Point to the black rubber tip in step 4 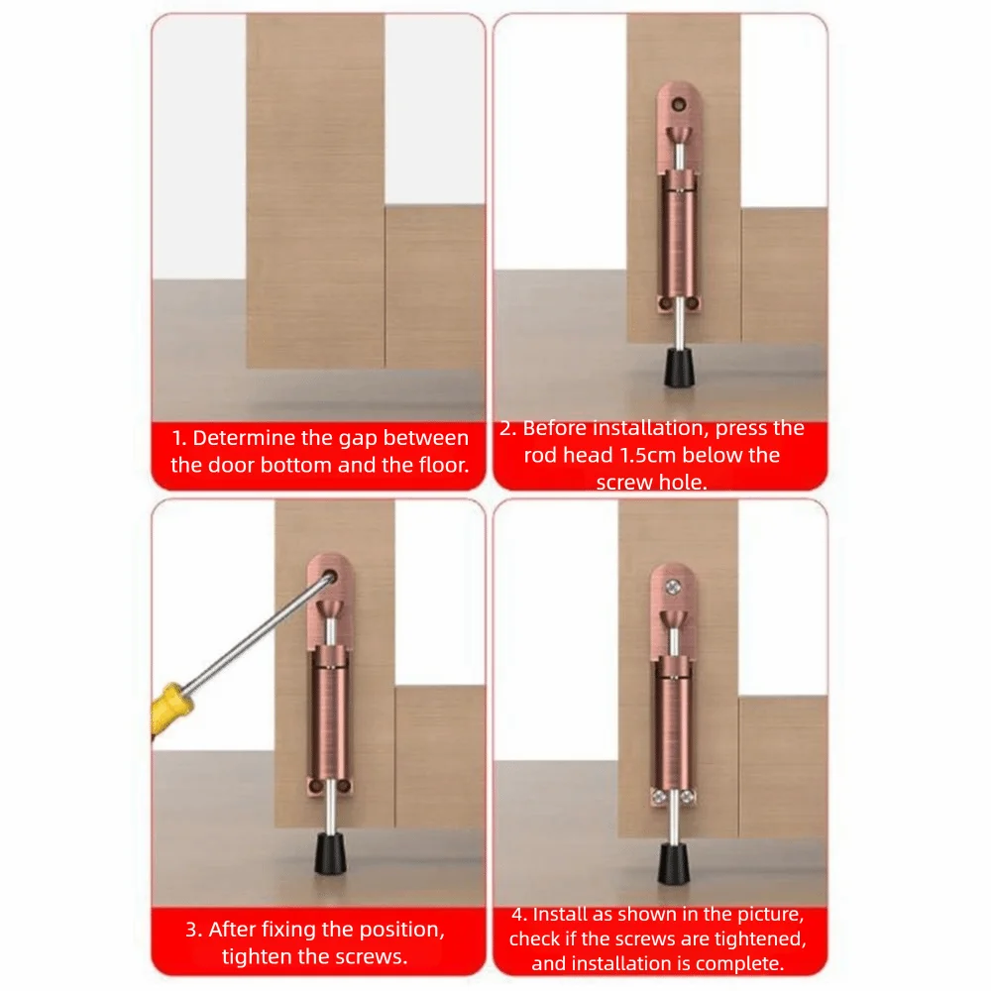click(673, 864)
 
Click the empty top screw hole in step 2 click(679, 104)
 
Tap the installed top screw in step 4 click(673, 587)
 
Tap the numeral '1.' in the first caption click(179, 437)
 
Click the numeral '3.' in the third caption click(194, 930)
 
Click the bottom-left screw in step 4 click(659, 797)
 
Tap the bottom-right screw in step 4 click(688, 797)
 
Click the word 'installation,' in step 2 click(650, 428)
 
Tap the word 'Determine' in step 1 click(244, 437)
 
